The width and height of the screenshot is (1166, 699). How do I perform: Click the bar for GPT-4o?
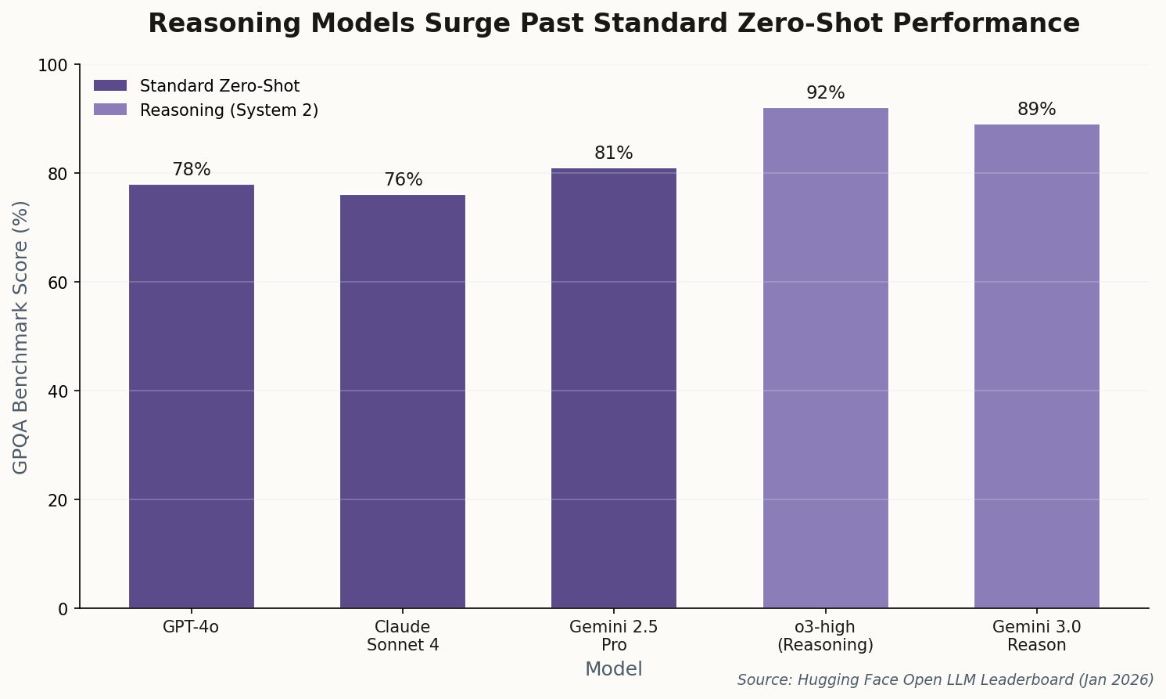point(192,396)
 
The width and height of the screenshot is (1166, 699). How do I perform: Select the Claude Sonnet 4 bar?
point(403,401)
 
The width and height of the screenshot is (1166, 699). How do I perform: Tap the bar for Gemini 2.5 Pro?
point(614,387)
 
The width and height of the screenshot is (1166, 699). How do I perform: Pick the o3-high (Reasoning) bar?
point(825,358)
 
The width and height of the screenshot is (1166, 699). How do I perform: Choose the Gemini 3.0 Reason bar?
point(1036,366)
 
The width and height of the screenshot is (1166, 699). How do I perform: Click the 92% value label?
point(825,93)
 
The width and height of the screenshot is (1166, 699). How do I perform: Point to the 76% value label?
point(403,180)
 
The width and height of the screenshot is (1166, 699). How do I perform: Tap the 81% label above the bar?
point(614,153)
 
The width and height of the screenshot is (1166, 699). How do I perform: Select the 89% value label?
point(1036,110)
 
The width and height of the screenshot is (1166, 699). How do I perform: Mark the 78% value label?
point(192,170)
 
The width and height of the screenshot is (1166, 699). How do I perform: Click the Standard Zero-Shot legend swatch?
point(109,85)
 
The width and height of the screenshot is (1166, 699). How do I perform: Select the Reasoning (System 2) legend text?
point(228,110)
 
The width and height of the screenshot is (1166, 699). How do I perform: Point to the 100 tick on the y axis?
point(53,65)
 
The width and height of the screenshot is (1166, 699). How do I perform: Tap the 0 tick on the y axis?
point(63,609)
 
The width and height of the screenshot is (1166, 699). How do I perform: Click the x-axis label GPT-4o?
point(192,627)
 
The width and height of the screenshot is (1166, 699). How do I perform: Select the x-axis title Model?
point(614,669)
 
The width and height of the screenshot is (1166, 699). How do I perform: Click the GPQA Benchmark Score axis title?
point(21,337)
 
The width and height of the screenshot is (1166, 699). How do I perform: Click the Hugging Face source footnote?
point(945,679)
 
